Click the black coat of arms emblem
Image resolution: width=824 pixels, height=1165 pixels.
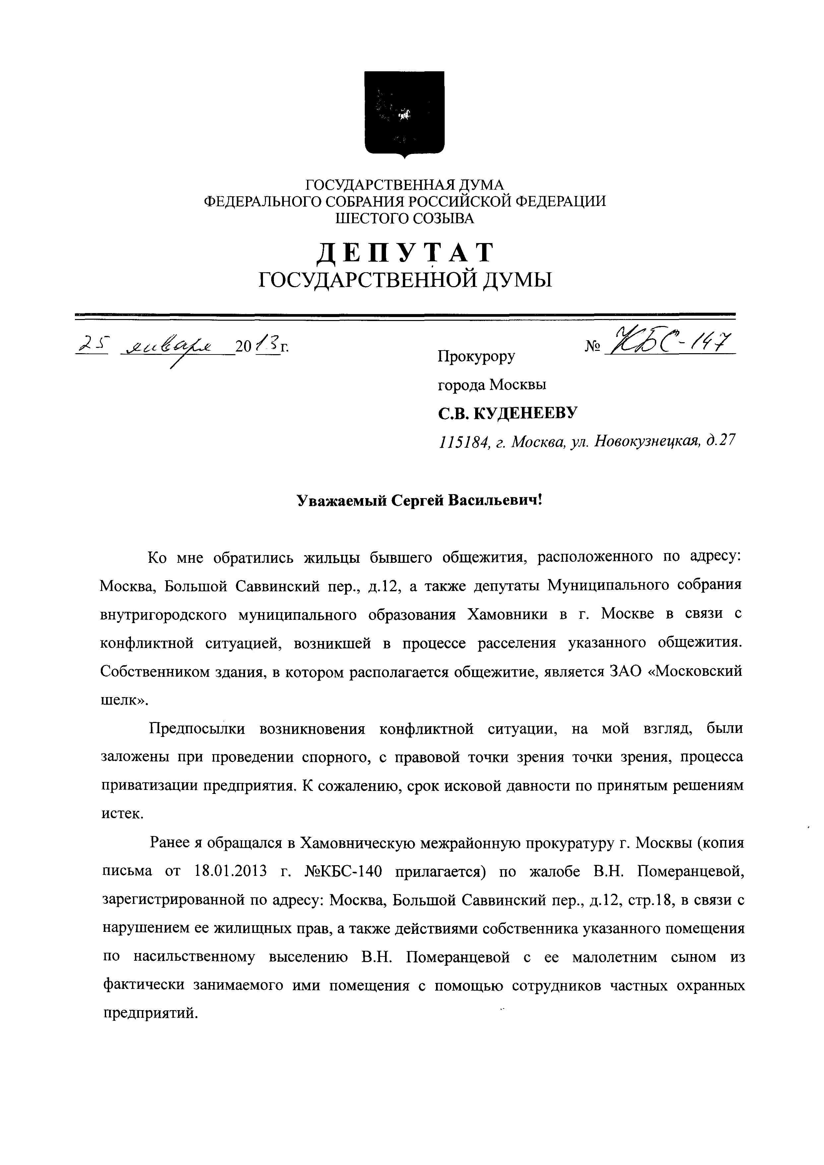point(405,114)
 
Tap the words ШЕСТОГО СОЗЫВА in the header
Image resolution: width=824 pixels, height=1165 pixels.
point(405,219)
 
